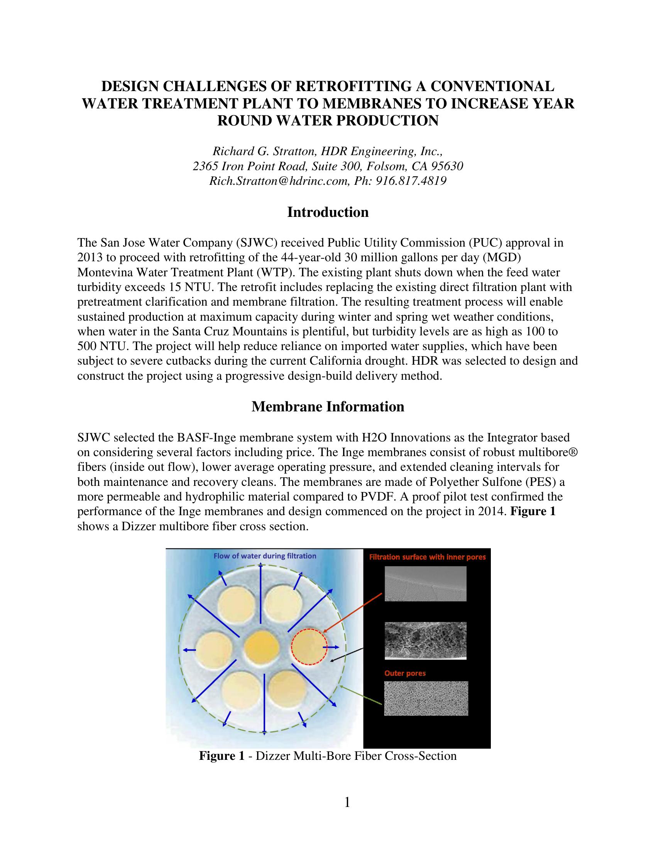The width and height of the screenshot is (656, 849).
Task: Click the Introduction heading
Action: (x=328, y=212)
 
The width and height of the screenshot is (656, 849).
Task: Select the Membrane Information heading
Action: (x=328, y=407)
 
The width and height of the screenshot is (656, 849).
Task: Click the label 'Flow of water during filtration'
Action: (x=265, y=556)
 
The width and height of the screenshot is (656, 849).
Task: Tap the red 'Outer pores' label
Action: (x=405, y=673)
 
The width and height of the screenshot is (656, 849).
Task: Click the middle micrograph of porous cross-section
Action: (x=426, y=641)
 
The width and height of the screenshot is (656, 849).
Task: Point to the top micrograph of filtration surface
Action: (x=426, y=584)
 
